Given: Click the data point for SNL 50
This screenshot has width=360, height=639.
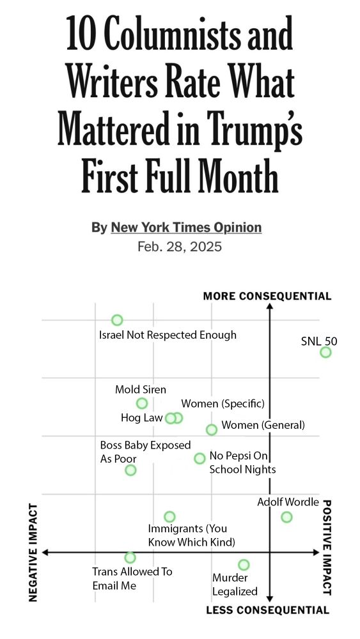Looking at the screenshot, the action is [x=325, y=352].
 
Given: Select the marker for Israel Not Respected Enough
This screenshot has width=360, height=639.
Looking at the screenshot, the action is [x=117, y=320].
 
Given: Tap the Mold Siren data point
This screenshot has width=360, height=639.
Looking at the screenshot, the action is [x=142, y=403].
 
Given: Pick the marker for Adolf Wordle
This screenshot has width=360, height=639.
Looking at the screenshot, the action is [x=286, y=517].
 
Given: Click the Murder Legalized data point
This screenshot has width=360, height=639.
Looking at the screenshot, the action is [x=244, y=565].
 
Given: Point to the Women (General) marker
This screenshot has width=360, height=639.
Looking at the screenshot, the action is [x=212, y=429].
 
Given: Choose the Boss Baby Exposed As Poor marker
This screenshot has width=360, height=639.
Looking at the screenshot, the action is [x=130, y=470].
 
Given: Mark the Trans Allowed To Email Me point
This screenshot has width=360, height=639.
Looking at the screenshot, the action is [x=130, y=557].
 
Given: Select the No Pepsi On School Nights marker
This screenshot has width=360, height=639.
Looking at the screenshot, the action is [x=200, y=458].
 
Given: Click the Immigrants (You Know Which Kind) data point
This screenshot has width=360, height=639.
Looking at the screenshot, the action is [x=169, y=516].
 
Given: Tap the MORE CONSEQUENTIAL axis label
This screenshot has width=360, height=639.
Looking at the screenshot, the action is [x=267, y=296].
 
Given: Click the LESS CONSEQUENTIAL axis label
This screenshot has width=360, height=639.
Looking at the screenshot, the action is [x=267, y=610].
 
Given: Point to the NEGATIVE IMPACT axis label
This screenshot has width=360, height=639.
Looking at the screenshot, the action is [x=34, y=552].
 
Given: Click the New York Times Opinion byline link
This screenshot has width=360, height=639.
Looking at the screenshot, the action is [x=186, y=227].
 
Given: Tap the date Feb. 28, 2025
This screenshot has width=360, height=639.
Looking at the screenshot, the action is [x=180, y=247].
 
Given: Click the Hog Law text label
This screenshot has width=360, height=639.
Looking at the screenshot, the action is [x=141, y=418].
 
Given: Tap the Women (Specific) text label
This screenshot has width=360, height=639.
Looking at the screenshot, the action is [x=223, y=404].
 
